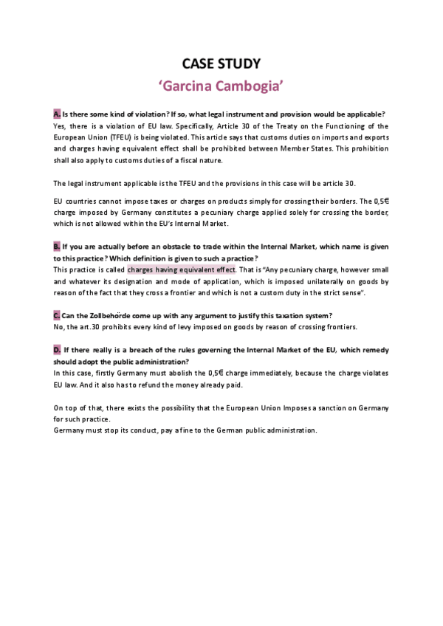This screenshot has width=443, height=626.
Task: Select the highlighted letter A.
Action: [x=57, y=114]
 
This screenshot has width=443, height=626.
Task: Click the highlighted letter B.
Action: [x=57, y=246]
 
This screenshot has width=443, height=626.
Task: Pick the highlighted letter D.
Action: [x=57, y=349]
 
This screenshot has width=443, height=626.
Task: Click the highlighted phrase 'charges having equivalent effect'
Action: [x=181, y=269]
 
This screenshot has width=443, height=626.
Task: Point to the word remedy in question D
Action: [x=374, y=349]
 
